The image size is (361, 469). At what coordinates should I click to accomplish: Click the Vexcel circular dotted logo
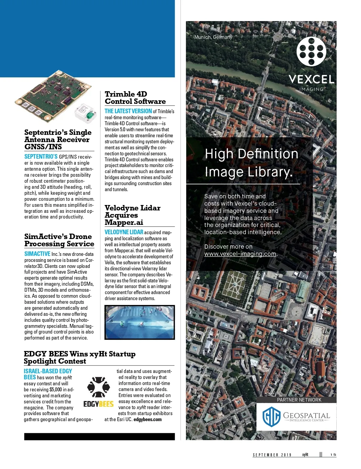(311, 51)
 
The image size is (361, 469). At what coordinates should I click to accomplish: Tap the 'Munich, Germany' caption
(213, 37)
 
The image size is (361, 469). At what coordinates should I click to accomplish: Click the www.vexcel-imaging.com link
(240, 254)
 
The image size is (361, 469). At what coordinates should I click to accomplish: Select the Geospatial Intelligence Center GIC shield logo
(271, 417)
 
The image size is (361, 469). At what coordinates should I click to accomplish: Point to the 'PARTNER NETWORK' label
(299, 400)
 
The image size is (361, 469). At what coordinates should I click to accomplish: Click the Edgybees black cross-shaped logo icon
(96, 387)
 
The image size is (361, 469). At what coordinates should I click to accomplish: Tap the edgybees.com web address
(147, 419)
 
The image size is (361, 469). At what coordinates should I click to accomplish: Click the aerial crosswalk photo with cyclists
(139, 322)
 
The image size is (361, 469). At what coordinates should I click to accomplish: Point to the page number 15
(333, 455)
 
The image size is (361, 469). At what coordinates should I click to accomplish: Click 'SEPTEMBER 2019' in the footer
(272, 455)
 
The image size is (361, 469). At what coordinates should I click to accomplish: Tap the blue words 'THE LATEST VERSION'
(128, 111)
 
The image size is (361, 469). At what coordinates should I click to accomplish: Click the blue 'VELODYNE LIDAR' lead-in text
(124, 232)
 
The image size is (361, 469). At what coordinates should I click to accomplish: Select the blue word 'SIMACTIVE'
(37, 254)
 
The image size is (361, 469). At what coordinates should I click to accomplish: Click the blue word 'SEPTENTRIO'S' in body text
(41, 157)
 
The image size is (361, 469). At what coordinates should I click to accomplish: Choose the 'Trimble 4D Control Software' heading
(135, 98)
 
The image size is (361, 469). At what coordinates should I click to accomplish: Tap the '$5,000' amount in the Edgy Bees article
(56, 390)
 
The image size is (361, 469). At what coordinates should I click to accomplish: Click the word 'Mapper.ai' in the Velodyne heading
(124, 222)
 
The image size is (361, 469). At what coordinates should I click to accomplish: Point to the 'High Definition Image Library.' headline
(251, 163)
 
